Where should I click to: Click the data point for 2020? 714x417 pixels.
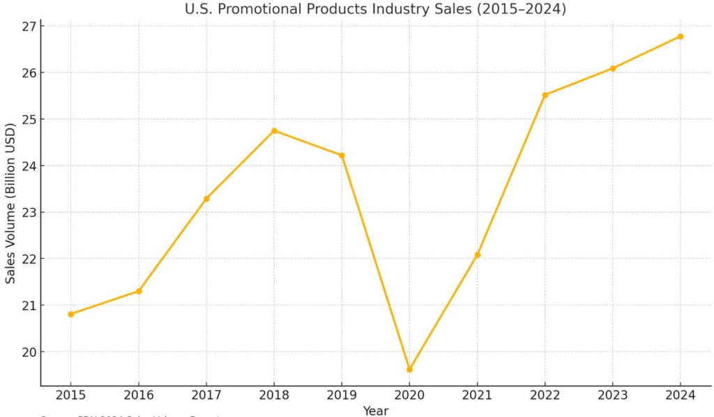click(x=409, y=369)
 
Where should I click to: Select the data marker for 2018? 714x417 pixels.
click(x=274, y=130)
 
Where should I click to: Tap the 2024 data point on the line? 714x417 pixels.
click(x=681, y=36)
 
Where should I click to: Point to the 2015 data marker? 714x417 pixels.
click(x=71, y=314)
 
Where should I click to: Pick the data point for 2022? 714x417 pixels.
click(x=545, y=95)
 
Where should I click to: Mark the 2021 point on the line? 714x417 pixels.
click(x=478, y=255)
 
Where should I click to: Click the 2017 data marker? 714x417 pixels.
click(x=206, y=199)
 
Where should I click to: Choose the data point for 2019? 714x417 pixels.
click(x=342, y=156)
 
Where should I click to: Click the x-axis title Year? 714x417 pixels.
click(x=375, y=411)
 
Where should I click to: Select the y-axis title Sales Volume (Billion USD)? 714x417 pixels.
click(x=10, y=203)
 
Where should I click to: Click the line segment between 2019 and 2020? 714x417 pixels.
click(x=376, y=262)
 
